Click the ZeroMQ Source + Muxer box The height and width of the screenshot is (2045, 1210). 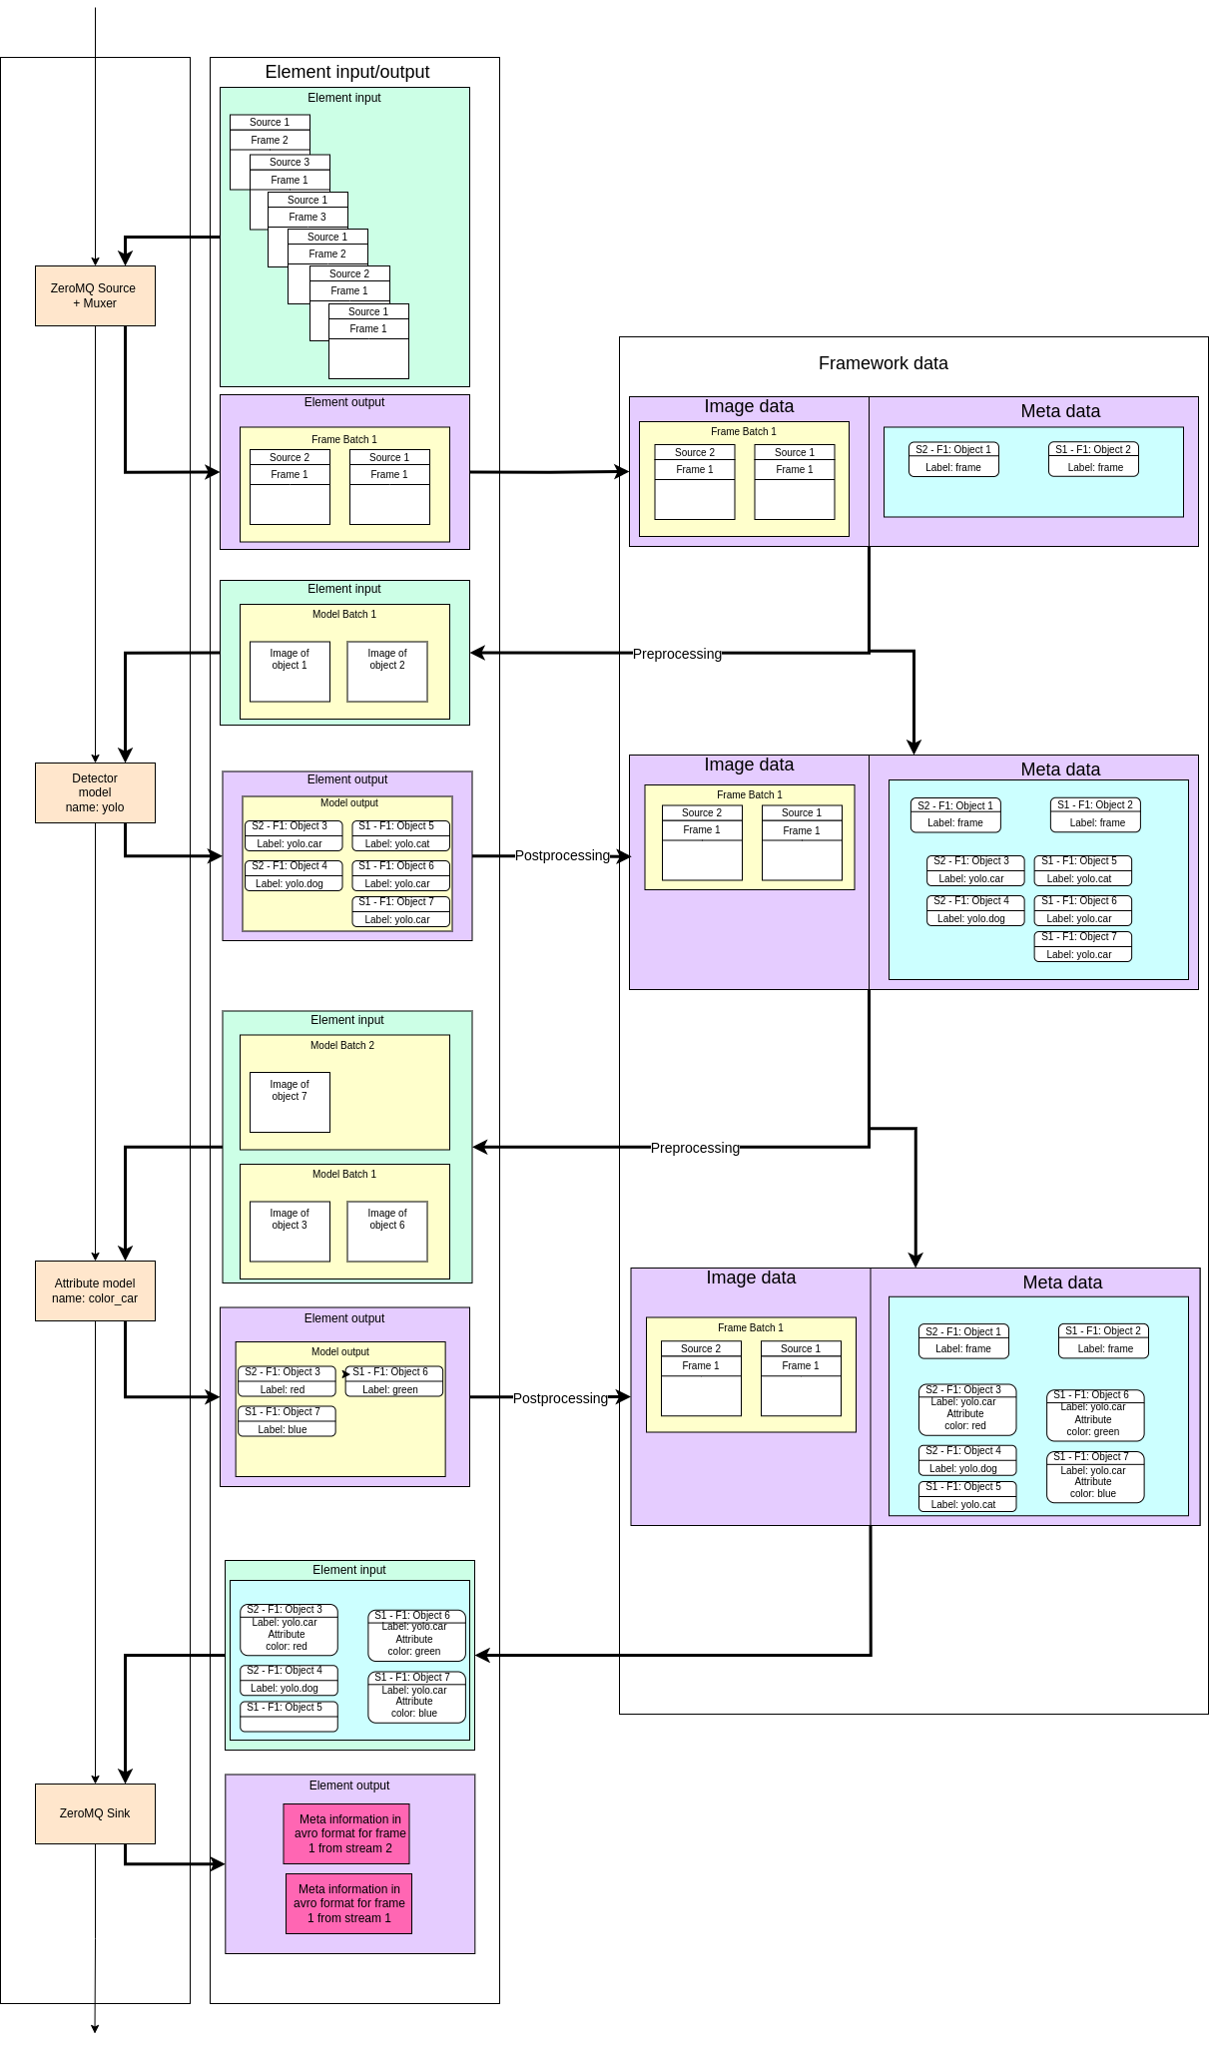[95, 295]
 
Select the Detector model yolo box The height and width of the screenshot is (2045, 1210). [95, 792]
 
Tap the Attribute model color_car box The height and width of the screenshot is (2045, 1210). [95, 1290]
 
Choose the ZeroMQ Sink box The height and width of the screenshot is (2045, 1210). [95, 1812]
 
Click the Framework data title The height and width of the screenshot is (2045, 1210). [883, 363]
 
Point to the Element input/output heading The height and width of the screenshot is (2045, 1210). [346, 72]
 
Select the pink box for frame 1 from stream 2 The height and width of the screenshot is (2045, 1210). [346, 1833]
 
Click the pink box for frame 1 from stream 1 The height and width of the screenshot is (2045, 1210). [348, 1903]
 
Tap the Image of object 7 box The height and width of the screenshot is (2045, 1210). [290, 1101]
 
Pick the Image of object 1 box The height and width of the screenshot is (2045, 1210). [290, 671]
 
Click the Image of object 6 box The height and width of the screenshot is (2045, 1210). [387, 1231]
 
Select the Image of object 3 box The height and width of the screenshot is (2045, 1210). [290, 1231]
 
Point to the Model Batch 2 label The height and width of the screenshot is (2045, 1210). [342, 1045]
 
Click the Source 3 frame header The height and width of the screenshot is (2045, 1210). [290, 162]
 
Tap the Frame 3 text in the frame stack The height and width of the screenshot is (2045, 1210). [307, 217]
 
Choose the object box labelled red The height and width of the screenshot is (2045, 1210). [287, 1381]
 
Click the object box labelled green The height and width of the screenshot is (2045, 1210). [394, 1381]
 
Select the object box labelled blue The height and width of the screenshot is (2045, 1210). [287, 1421]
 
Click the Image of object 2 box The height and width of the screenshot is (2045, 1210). [387, 671]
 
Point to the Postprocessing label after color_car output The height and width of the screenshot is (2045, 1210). [560, 1398]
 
